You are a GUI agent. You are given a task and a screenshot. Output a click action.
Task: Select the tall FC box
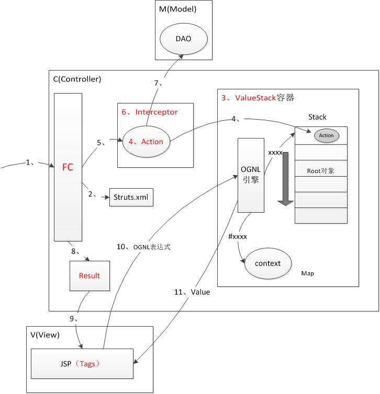[x=68, y=167]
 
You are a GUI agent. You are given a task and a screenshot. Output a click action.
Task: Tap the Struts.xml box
[x=131, y=197]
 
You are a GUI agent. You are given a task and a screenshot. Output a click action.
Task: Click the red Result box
[x=89, y=275]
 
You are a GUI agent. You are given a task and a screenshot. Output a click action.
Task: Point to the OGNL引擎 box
[x=250, y=175]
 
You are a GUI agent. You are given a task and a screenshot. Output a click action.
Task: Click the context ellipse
[x=267, y=263]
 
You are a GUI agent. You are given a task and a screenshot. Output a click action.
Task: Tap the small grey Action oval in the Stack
[x=326, y=135]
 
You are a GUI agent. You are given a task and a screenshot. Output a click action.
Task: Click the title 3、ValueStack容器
[x=254, y=97]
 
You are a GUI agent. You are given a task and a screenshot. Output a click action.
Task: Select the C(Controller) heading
[x=77, y=79]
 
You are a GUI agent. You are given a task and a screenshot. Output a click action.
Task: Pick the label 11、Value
[x=192, y=292]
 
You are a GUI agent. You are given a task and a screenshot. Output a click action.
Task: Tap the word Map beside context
[x=307, y=273]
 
